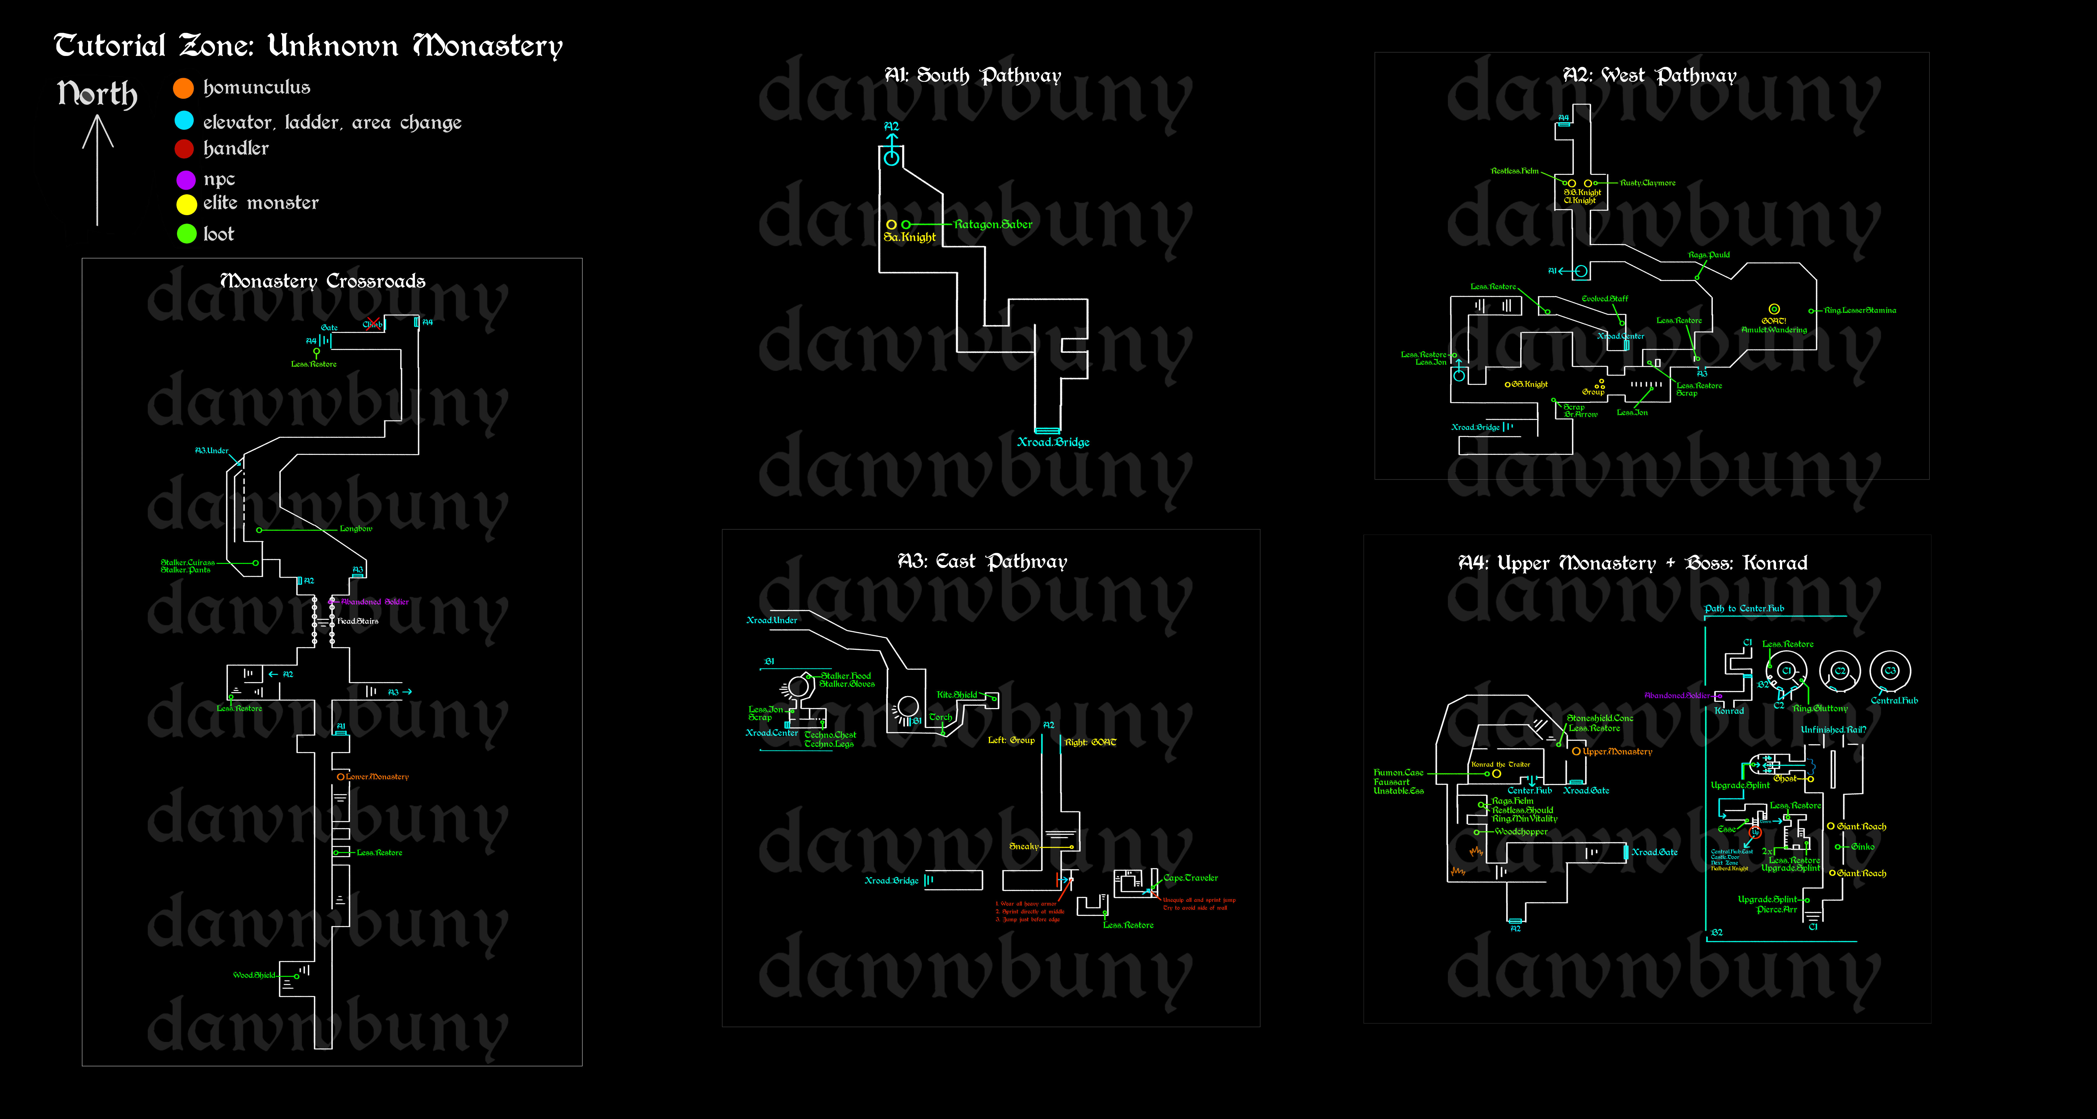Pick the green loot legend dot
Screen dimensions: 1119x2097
[x=186, y=234]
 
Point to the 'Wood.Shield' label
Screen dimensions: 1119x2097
[x=254, y=975]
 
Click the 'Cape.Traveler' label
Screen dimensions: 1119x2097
[x=1190, y=878]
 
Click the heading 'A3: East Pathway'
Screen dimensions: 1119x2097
[x=982, y=562]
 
